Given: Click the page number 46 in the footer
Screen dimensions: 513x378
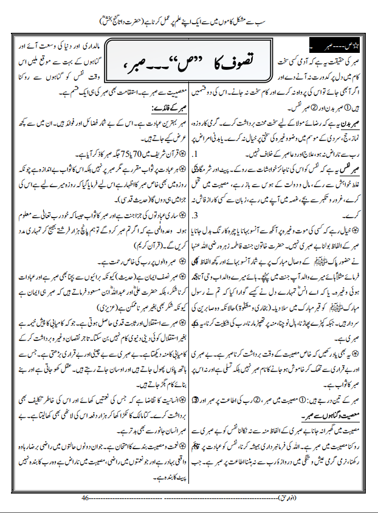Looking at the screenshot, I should click(x=85, y=498).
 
